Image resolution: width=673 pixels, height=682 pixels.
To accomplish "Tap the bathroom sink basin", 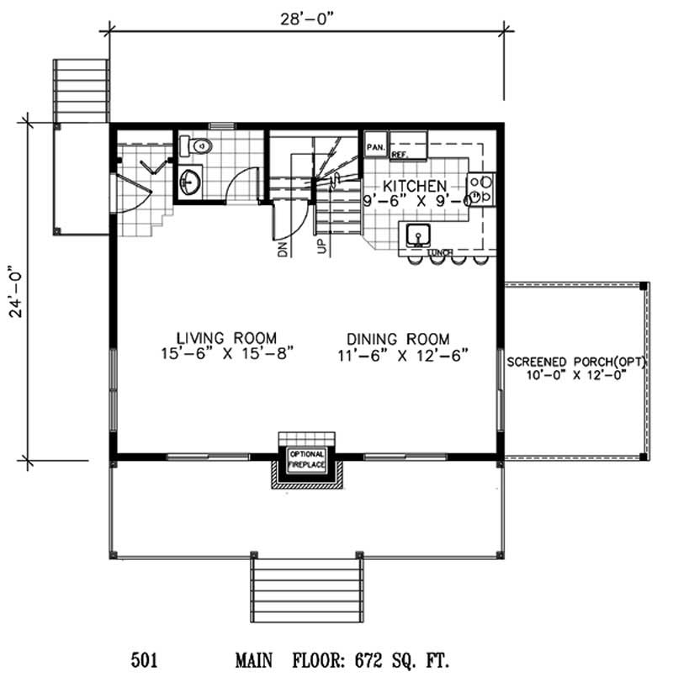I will point(190,180).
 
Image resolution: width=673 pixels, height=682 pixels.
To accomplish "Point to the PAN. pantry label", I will point(375,147).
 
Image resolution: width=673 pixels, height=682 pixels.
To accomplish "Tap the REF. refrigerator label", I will point(399,156).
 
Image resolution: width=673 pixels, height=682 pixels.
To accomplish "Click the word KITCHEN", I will point(415,185).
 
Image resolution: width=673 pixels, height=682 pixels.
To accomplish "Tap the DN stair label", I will point(283,247).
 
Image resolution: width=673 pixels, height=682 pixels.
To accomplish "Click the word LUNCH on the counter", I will point(440,252).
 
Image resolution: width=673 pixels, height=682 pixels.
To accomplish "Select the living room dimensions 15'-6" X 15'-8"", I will point(220,355).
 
